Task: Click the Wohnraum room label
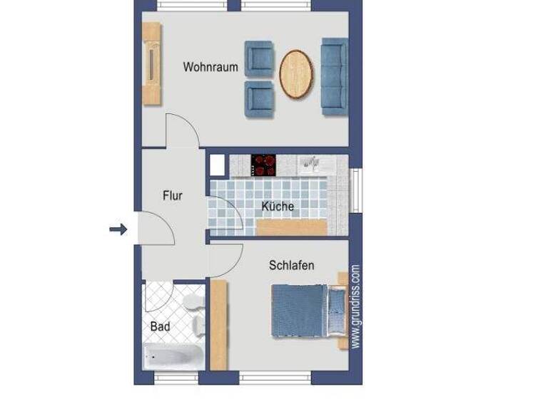click(210, 68)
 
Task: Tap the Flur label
click(173, 195)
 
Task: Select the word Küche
click(278, 207)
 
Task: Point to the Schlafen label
click(291, 266)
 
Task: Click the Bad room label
click(160, 326)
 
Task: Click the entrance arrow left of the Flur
click(118, 229)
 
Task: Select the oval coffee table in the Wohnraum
click(296, 74)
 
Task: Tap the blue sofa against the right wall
click(334, 76)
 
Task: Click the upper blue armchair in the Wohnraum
click(259, 58)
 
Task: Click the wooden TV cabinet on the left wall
click(151, 63)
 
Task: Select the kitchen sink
click(311, 165)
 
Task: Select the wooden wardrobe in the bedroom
click(218, 323)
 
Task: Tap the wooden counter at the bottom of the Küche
click(292, 227)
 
